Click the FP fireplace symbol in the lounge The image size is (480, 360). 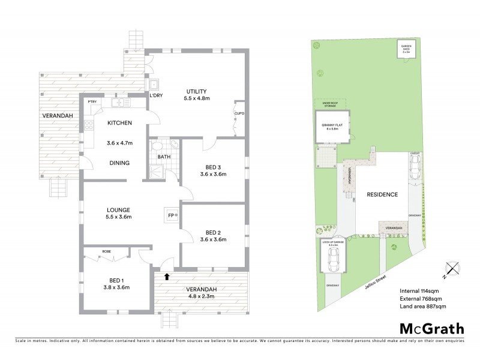click(170, 215)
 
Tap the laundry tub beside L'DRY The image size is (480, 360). click(154, 85)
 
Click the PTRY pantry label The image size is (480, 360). click(92, 102)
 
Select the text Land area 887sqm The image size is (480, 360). click(423, 306)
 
